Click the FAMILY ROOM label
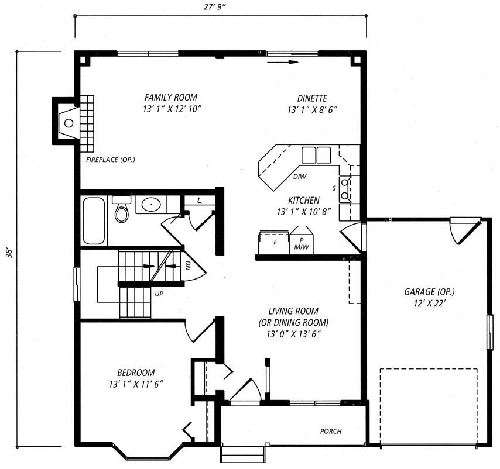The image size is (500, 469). [171, 97]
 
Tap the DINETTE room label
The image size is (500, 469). [312, 98]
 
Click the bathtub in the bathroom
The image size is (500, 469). [94, 220]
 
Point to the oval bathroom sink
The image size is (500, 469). [151, 205]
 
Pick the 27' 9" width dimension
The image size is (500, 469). [215, 7]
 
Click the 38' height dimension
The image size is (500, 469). [10, 252]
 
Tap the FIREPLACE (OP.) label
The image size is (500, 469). [110, 160]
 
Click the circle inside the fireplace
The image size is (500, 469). [69, 123]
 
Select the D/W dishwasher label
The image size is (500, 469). [300, 176]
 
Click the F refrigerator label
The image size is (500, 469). [275, 242]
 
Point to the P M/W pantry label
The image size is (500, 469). [302, 244]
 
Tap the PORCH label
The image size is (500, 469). [331, 431]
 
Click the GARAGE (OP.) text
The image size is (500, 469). [430, 292]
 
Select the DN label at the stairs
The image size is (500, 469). [188, 266]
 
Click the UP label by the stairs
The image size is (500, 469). [159, 294]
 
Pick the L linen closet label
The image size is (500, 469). [199, 201]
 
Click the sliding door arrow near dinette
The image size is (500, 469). [283, 62]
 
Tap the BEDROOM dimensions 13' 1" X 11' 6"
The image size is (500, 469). [136, 384]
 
